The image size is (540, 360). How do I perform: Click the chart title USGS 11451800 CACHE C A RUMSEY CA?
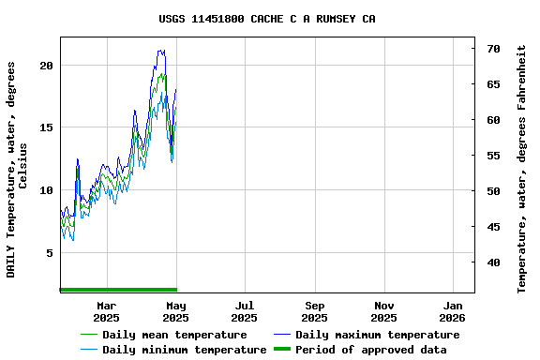point(268,18)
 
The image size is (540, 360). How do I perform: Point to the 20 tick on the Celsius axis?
point(46,66)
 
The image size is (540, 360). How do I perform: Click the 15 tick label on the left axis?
point(46,127)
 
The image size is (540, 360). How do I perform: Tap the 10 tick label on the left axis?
point(46,190)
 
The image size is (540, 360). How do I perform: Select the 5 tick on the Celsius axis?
point(50,253)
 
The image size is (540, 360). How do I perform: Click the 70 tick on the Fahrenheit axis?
point(493,48)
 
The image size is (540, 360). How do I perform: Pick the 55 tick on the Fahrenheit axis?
point(493,156)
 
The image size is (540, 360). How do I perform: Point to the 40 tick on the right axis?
point(493,262)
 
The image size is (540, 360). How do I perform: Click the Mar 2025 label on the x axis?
point(106,311)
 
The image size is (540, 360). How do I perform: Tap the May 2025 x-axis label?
point(175,311)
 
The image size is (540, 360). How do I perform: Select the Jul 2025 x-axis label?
point(244,311)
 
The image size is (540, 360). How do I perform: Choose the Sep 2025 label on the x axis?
point(315,311)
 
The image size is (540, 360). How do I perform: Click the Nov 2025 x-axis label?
point(383,311)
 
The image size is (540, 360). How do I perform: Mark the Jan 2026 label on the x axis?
point(453,311)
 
